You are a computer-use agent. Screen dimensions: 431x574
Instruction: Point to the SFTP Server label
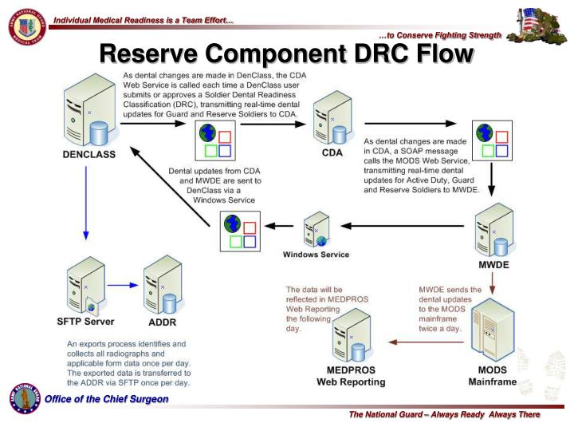click(86, 322)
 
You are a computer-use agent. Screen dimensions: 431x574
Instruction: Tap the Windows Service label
click(316, 255)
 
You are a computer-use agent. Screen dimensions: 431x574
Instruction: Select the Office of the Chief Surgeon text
click(106, 399)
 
